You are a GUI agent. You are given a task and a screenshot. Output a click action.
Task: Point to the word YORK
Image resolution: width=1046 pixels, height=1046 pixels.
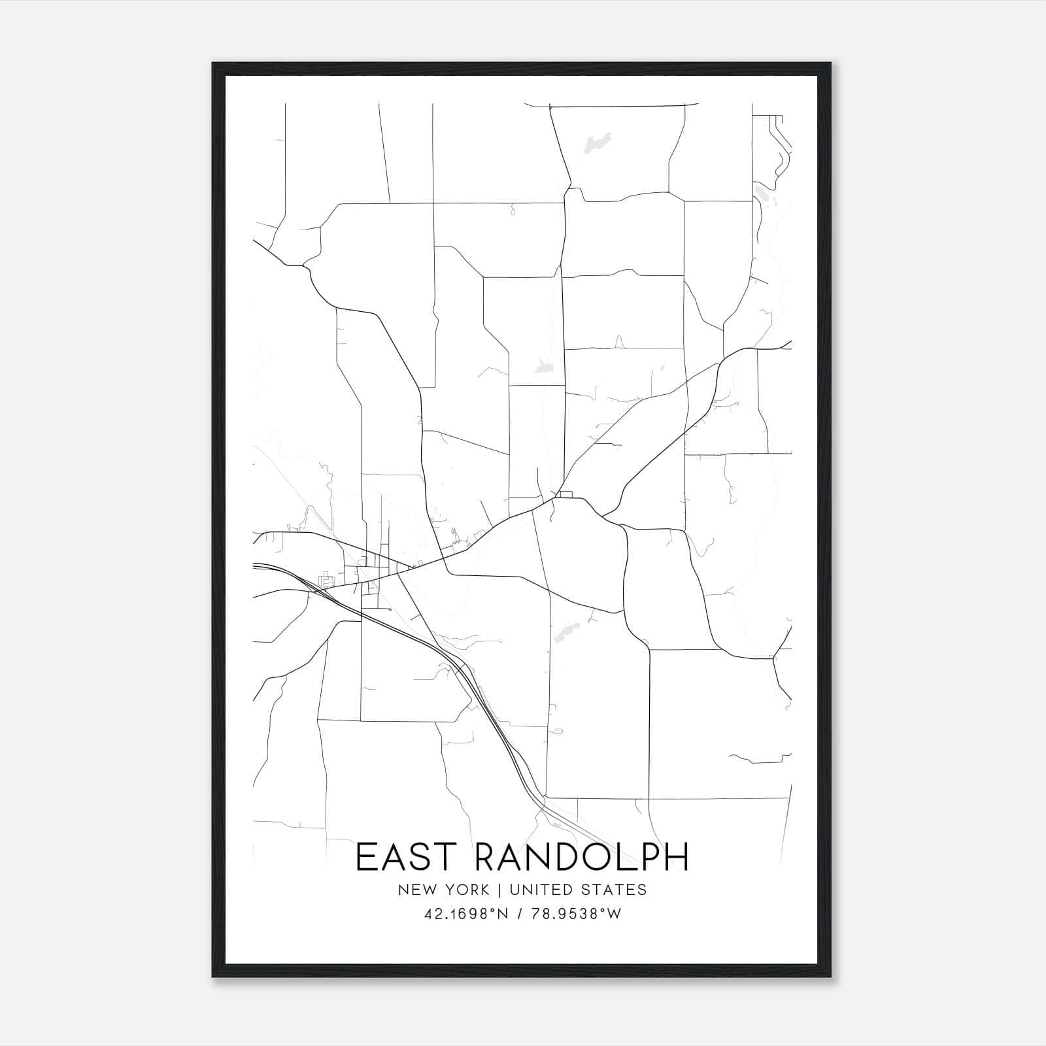[x=467, y=890]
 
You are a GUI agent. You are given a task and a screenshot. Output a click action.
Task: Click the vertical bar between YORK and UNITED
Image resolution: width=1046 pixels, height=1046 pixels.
[x=499, y=890]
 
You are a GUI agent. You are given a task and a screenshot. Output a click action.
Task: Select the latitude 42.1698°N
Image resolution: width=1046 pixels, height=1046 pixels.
[x=466, y=915]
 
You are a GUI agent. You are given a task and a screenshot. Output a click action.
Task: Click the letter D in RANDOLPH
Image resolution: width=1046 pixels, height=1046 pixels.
[x=569, y=857]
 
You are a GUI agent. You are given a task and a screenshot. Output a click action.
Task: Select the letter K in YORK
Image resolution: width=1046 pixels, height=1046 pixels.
[x=484, y=890]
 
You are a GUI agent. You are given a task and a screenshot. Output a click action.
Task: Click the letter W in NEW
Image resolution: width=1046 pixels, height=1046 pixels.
[x=428, y=890]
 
